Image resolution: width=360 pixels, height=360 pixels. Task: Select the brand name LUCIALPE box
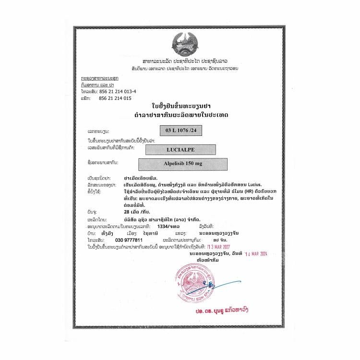pos(181,149)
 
